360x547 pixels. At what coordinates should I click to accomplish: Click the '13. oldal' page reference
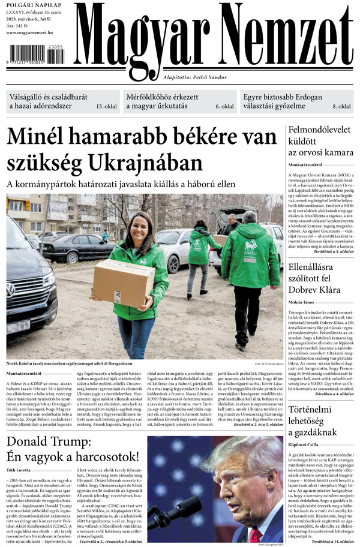click(107, 106)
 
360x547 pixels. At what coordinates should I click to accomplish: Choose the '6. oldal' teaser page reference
click(224, 106)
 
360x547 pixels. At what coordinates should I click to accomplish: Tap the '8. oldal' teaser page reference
click(341, 106)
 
